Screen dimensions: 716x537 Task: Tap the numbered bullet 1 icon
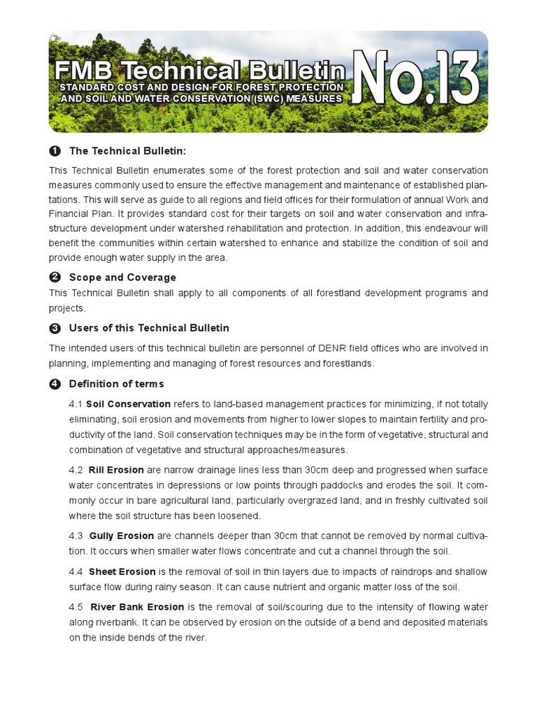pos(55,151)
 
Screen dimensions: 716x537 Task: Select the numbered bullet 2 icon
pos(55,278)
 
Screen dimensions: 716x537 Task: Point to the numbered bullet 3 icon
pos(55,328)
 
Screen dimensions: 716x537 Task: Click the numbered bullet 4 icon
pos(55,384)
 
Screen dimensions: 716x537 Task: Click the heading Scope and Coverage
pos(122,278)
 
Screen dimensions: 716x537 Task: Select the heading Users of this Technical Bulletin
pos(149,328)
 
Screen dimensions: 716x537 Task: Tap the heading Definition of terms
pos(116,384)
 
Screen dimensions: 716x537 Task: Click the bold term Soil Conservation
pos(128,404)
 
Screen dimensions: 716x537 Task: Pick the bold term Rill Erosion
pos(116,470)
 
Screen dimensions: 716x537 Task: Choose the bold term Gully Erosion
pos(121,536)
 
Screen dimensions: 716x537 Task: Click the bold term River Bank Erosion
pos(136,607)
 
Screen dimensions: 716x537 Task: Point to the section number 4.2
pos(76,470)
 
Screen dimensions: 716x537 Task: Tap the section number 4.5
pos(76,607)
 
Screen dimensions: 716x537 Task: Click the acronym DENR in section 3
pos(316,348)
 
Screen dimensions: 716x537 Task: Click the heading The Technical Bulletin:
pos(128,151)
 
